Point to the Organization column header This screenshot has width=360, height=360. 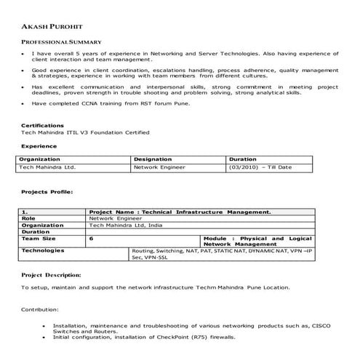tap(39, 159)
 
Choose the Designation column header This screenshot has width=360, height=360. tap(152, 159)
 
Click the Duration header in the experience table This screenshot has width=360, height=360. tap(243, 159)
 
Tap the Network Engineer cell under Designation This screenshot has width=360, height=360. tap(159, 167)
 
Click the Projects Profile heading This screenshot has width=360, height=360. tap(47, 192)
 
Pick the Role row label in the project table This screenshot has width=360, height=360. tap(28, 217)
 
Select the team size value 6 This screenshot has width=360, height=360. tap(92, 238)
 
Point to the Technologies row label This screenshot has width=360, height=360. tap(43, 250)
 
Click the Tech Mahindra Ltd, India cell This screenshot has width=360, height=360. tap(124, 225)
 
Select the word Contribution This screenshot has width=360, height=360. tap(39, 309)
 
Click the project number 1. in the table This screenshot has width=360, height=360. tap(24, 211)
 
